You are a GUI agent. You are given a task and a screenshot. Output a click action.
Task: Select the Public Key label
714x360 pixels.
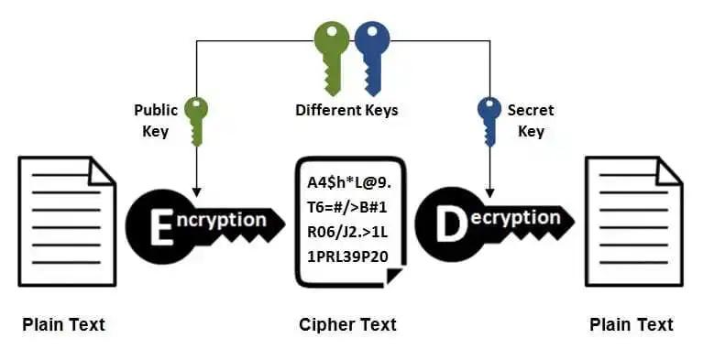point(155,120)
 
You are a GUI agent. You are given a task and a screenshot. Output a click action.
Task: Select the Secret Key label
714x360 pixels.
point(531,120)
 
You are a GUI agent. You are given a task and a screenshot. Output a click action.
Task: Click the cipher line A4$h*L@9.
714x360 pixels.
point(347,180)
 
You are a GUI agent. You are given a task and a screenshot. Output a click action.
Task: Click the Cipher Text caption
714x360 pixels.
point(347,324)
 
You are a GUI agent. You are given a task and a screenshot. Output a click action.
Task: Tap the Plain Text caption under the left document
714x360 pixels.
point(63,324)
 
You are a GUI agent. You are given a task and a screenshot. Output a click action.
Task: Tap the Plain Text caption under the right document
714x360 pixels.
point(632,324)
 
